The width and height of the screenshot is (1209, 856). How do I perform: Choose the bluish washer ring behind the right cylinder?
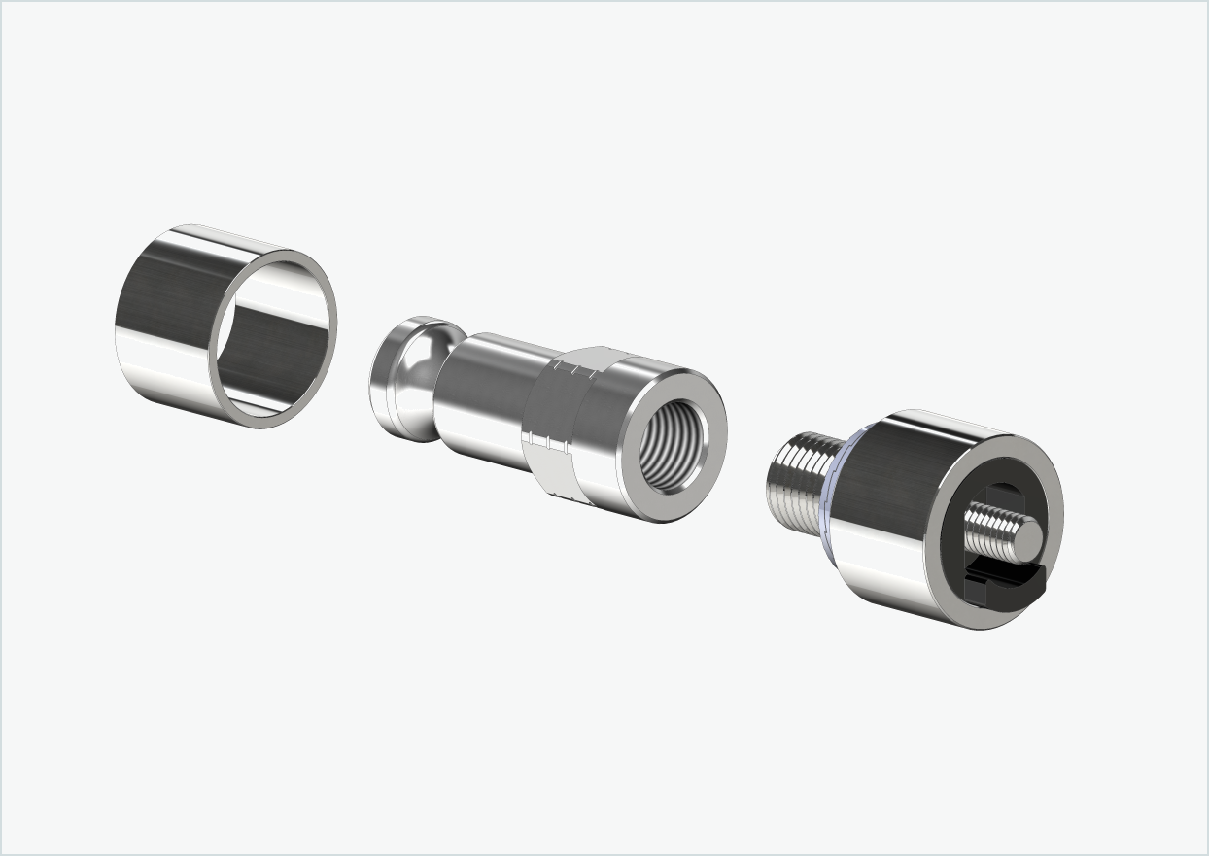point(835,496)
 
